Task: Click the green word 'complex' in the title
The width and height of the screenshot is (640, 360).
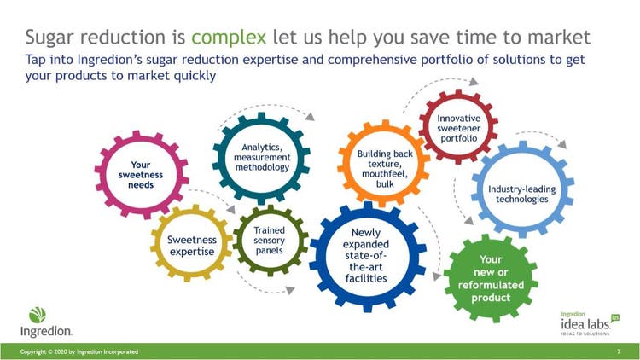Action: point(229,38)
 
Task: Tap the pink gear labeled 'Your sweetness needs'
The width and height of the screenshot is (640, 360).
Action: point(101,175)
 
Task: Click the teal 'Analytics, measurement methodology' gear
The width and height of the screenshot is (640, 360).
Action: point(218,158)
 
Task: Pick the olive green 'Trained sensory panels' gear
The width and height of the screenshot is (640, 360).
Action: point(239,241)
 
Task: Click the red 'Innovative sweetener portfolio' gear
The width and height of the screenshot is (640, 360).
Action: point(425,126)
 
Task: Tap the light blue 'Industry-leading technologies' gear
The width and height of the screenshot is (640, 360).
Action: point(479,189)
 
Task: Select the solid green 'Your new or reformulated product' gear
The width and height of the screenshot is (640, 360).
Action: point(491,277)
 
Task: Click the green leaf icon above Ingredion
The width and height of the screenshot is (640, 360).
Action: point(38,315)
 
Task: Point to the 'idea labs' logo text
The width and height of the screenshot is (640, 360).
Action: point(585,324)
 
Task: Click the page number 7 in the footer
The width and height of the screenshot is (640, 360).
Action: point(619,351)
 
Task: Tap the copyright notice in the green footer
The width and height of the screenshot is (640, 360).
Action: point(79,351)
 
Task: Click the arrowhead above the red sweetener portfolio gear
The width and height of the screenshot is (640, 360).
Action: point(474,82)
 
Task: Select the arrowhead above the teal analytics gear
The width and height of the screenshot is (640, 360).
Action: point(311,117)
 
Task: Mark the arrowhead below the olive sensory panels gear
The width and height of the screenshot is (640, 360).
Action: point(290,290)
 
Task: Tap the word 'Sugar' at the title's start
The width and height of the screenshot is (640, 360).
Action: point(49,38)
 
